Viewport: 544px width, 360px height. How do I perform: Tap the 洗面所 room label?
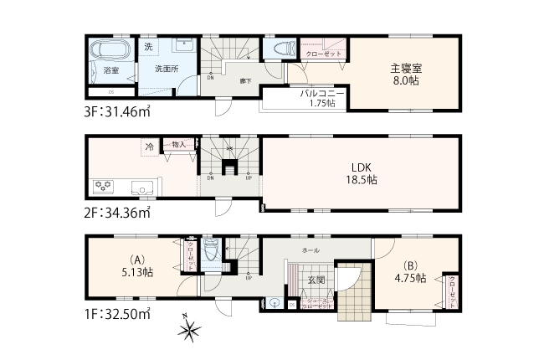pos(165,69)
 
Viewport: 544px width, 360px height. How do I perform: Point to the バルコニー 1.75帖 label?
pos(318,99)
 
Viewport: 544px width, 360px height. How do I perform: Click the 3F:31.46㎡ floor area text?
pos(118,109)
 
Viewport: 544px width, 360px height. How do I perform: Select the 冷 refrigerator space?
pos(149,147)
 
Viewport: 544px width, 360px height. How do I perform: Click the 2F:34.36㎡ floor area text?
pos(118,213)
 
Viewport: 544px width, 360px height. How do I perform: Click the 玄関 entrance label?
pos(315,279)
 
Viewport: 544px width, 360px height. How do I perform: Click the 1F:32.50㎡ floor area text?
pos(118,314)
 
